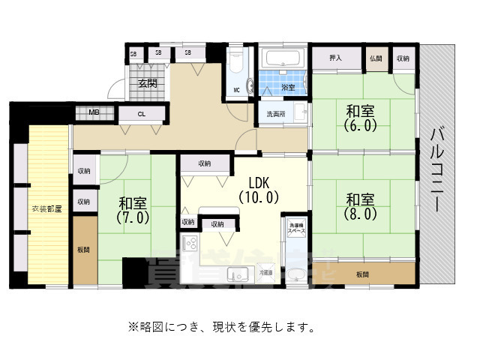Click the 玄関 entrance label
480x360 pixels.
(x=146, y=83)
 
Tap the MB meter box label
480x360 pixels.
(x=95, y=113)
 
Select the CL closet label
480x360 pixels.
(x=142, y=114)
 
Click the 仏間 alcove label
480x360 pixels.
(x=375, y=58)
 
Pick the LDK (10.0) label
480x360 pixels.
(x=259, y=190)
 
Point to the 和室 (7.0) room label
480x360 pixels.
(x=133, y=209)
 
